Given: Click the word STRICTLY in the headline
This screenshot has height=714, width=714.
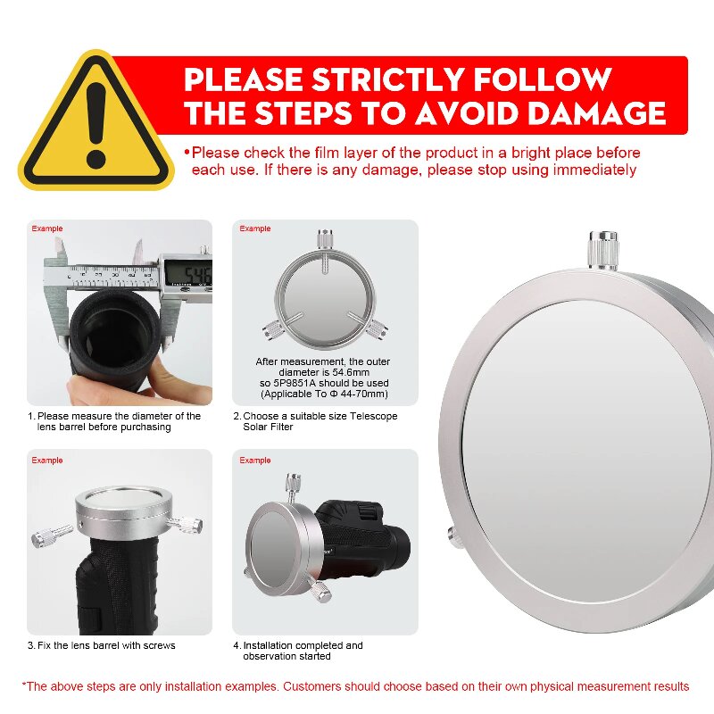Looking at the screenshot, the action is (388, 79).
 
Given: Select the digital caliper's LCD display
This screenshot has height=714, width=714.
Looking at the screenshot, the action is (188, 275).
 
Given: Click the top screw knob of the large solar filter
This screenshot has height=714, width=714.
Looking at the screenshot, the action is (603, 250).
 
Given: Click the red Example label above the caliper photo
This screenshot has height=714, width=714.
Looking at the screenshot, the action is (47, 228).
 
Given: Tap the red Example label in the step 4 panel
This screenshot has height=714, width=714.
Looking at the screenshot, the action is (255, 461).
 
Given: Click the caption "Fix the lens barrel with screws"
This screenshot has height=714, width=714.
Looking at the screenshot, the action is (106, 645).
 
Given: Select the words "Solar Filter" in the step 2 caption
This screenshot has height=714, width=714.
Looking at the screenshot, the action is (268, 428).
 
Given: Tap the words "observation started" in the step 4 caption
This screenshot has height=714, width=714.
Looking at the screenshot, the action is (286, 656).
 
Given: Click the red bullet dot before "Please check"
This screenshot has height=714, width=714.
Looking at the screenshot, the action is (187, 152).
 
